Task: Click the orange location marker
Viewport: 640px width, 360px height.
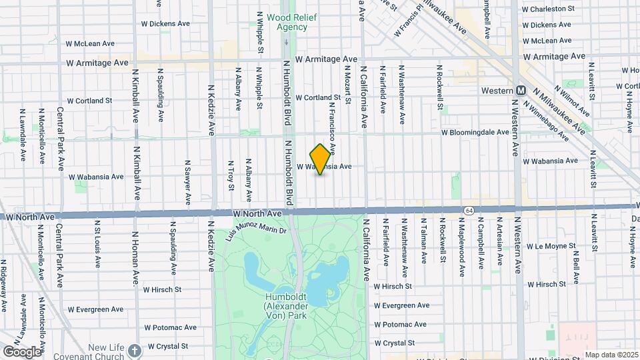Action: tap(320, 159)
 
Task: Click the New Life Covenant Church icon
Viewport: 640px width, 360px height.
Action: tap(135, 351)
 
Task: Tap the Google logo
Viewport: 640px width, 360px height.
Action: tap(22, 351)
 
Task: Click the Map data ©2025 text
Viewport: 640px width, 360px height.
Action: tap(611, 355)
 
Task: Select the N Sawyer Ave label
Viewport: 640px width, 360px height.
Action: tap(188, 181)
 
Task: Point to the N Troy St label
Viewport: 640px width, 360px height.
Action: tap(231, 175)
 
